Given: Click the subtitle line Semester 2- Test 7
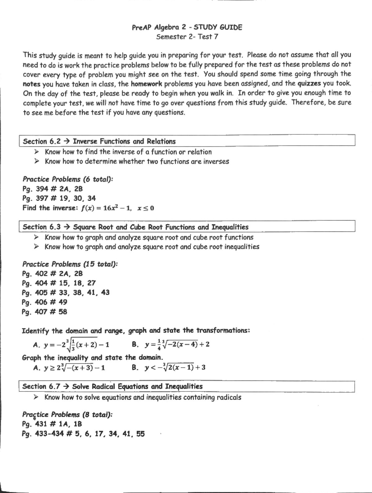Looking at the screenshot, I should [x=187, y=37].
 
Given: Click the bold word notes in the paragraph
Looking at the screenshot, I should [x=32, y=84].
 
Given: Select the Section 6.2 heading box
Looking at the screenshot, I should [x=187, y=141].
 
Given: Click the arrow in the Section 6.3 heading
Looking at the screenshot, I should [x=67, y=227].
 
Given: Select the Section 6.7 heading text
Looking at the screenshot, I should [x=112, y=387].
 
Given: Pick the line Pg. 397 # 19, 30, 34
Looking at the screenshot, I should [x=59, y=198].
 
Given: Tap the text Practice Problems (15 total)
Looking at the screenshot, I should [x=70, y=264].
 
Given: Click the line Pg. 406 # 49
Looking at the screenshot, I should [x=44, y=302].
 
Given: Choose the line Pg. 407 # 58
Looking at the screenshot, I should [x=44, y=312].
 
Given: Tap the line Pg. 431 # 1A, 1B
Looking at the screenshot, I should [x=52, y=424].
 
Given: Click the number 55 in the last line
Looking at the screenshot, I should [x=140, y=434].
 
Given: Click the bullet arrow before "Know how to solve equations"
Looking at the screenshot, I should [x=36, y=397].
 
